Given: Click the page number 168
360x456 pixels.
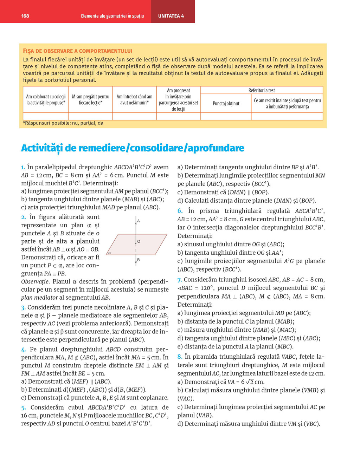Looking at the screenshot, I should point(25,16).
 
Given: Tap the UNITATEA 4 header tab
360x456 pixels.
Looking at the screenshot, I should point(171,16).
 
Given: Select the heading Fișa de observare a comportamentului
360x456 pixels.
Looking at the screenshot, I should point(77,51).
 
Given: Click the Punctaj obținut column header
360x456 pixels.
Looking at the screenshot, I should point(226,103).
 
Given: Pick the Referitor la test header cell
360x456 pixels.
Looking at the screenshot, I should point(262,90).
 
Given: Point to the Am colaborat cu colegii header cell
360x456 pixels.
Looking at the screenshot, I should point(46,99).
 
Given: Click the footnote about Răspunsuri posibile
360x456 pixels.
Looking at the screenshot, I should point(63,123).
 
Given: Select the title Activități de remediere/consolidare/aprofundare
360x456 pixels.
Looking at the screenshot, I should point(133,148).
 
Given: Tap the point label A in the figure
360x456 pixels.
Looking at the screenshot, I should point(139,221).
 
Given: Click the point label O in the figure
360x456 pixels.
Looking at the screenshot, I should point(139,241).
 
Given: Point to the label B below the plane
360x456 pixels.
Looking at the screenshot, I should point(139,260).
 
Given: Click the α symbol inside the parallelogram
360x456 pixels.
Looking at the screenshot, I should point(110,252).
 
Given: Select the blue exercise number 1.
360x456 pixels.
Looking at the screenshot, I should point(23,168).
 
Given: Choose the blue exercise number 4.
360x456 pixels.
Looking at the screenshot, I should point(24,350).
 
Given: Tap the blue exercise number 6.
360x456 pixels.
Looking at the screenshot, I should point(180,211).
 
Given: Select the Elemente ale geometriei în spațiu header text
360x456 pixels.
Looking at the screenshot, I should point(112,16).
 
